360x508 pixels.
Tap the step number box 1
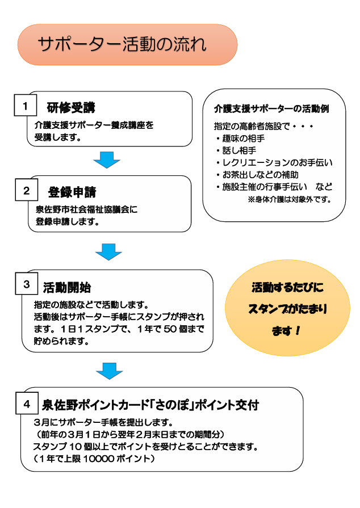click(x=25, y=106)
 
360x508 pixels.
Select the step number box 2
click(x=26, y=191)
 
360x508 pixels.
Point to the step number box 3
click(x=27, y=284)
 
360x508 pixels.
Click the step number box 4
click(x=27, y=404)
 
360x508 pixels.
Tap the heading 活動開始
click(x=67, y=287)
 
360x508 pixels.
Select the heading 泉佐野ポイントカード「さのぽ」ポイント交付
click(x=150, y=405)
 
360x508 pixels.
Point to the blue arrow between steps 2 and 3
click(x=108, y=251)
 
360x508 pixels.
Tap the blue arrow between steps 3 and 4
click(x=109, y=370)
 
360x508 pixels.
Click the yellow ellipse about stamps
click(x=287, y=310)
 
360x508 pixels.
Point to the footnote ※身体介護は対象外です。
click(x=289, y=200)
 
